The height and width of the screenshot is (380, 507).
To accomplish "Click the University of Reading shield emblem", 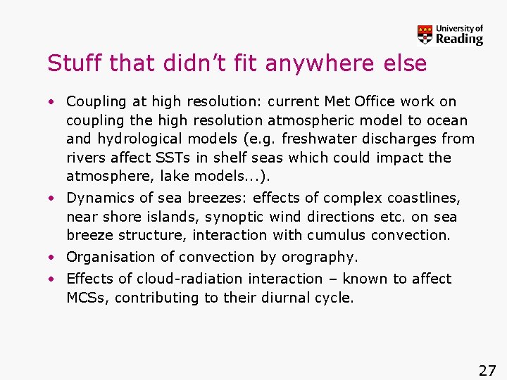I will (425, 34).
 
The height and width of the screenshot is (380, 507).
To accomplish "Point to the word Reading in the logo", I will (459, 39).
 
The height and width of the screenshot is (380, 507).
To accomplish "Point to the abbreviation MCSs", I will (87, 298).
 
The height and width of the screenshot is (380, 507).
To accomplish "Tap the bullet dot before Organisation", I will (52, 258).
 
